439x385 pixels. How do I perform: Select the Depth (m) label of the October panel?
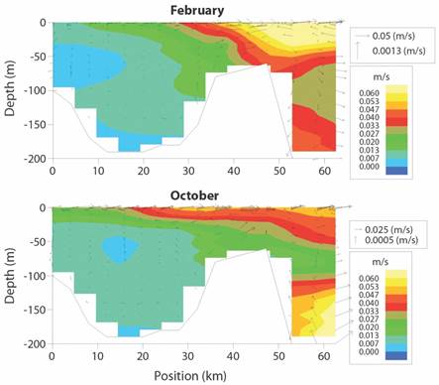(10, 275)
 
